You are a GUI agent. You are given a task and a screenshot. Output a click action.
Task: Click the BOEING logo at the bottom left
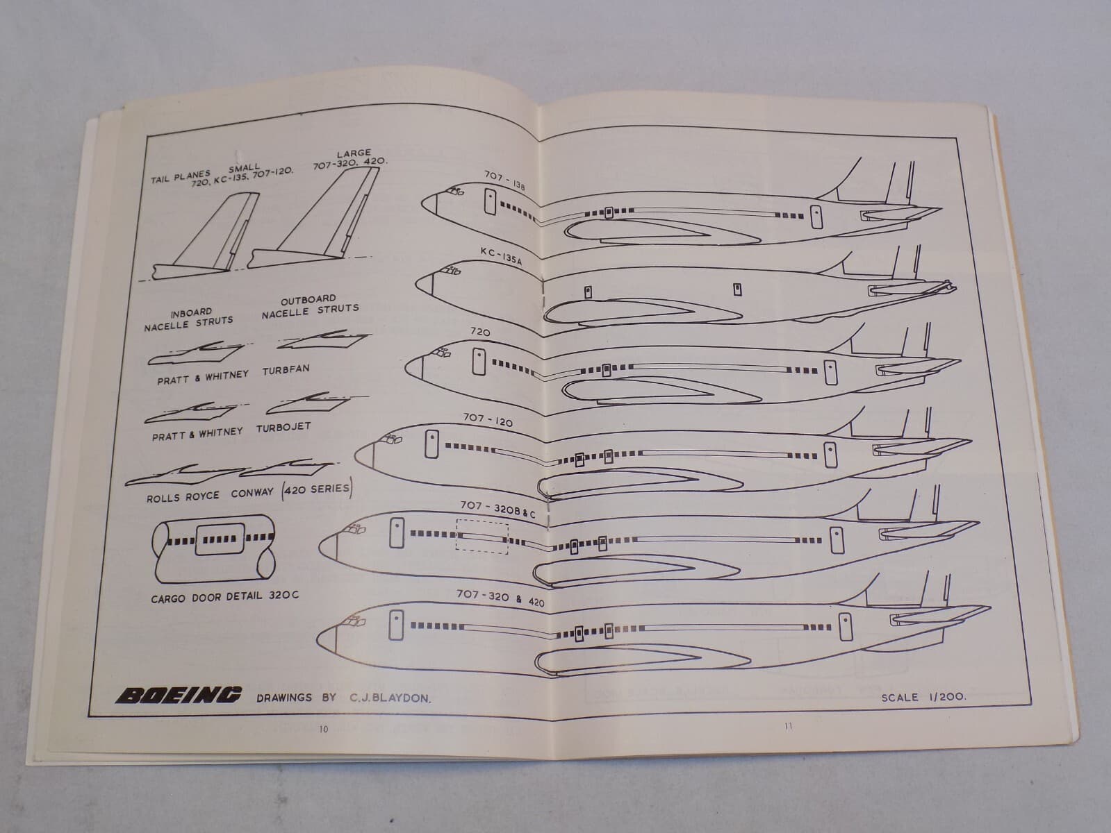pyautogui.click(x=179, y=695)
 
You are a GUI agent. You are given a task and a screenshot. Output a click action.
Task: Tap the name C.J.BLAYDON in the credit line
pyautogui.click(x=386, y=698)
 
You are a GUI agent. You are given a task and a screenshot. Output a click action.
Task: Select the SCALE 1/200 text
pyautogui.click(x=923, y=697)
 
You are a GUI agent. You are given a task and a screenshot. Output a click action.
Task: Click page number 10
pyautogui.click(x=322, y=729)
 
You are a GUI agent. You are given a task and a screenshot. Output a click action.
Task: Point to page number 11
pyautogui.click(x=787, y=727)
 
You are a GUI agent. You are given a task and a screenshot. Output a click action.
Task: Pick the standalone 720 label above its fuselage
pyautogui.click(x=480, y=333)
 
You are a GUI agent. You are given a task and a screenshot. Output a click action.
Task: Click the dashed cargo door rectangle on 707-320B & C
pyautogui.click(x=482, y=537)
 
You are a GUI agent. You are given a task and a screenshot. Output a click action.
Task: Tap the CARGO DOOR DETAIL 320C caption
pyautogui.click(x=225, y=598)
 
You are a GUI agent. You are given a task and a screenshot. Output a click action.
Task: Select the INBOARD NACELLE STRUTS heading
pyautogui.click(x=189, y=320)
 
